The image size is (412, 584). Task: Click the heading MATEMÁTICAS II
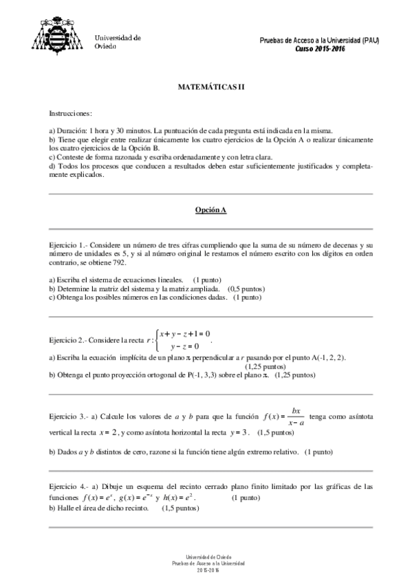click(206, 87)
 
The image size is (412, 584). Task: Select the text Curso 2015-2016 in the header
click(320, 49)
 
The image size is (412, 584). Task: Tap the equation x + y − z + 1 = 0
click(184, 334)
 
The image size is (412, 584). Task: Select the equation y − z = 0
click(185, 346)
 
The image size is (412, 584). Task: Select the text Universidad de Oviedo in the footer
click(206, 557)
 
